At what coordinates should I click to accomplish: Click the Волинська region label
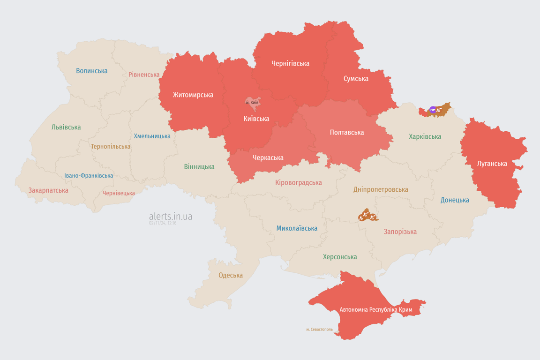coord(92,71)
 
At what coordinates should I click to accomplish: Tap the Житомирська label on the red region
coord(193,95)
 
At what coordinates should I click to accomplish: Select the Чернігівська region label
coord(290,63)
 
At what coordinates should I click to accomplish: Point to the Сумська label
coord(356,78)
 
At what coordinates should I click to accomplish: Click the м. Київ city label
coord(252,102)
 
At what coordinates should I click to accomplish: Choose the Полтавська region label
coord(347,132)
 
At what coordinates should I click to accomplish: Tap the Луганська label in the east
coord(492,164)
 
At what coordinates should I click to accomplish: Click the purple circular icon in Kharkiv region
coord(433,110)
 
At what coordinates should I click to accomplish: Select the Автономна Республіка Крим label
coord(376,310)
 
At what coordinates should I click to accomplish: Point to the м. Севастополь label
coord(319,330)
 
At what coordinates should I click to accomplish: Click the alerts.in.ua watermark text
coord(171,216)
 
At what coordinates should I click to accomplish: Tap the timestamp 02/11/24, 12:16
coord(163,223)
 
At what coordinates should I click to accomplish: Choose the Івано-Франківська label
coord(89,176)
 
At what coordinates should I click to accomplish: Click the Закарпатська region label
coord(48,190)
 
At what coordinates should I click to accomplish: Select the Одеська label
coord(231,275)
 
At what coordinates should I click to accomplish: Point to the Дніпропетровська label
coord(381,189)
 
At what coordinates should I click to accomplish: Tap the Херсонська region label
coord(340,257)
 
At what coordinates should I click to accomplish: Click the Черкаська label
coord(268,157)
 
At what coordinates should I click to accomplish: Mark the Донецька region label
coord(455,200)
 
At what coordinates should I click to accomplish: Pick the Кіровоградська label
coord(299,182)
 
